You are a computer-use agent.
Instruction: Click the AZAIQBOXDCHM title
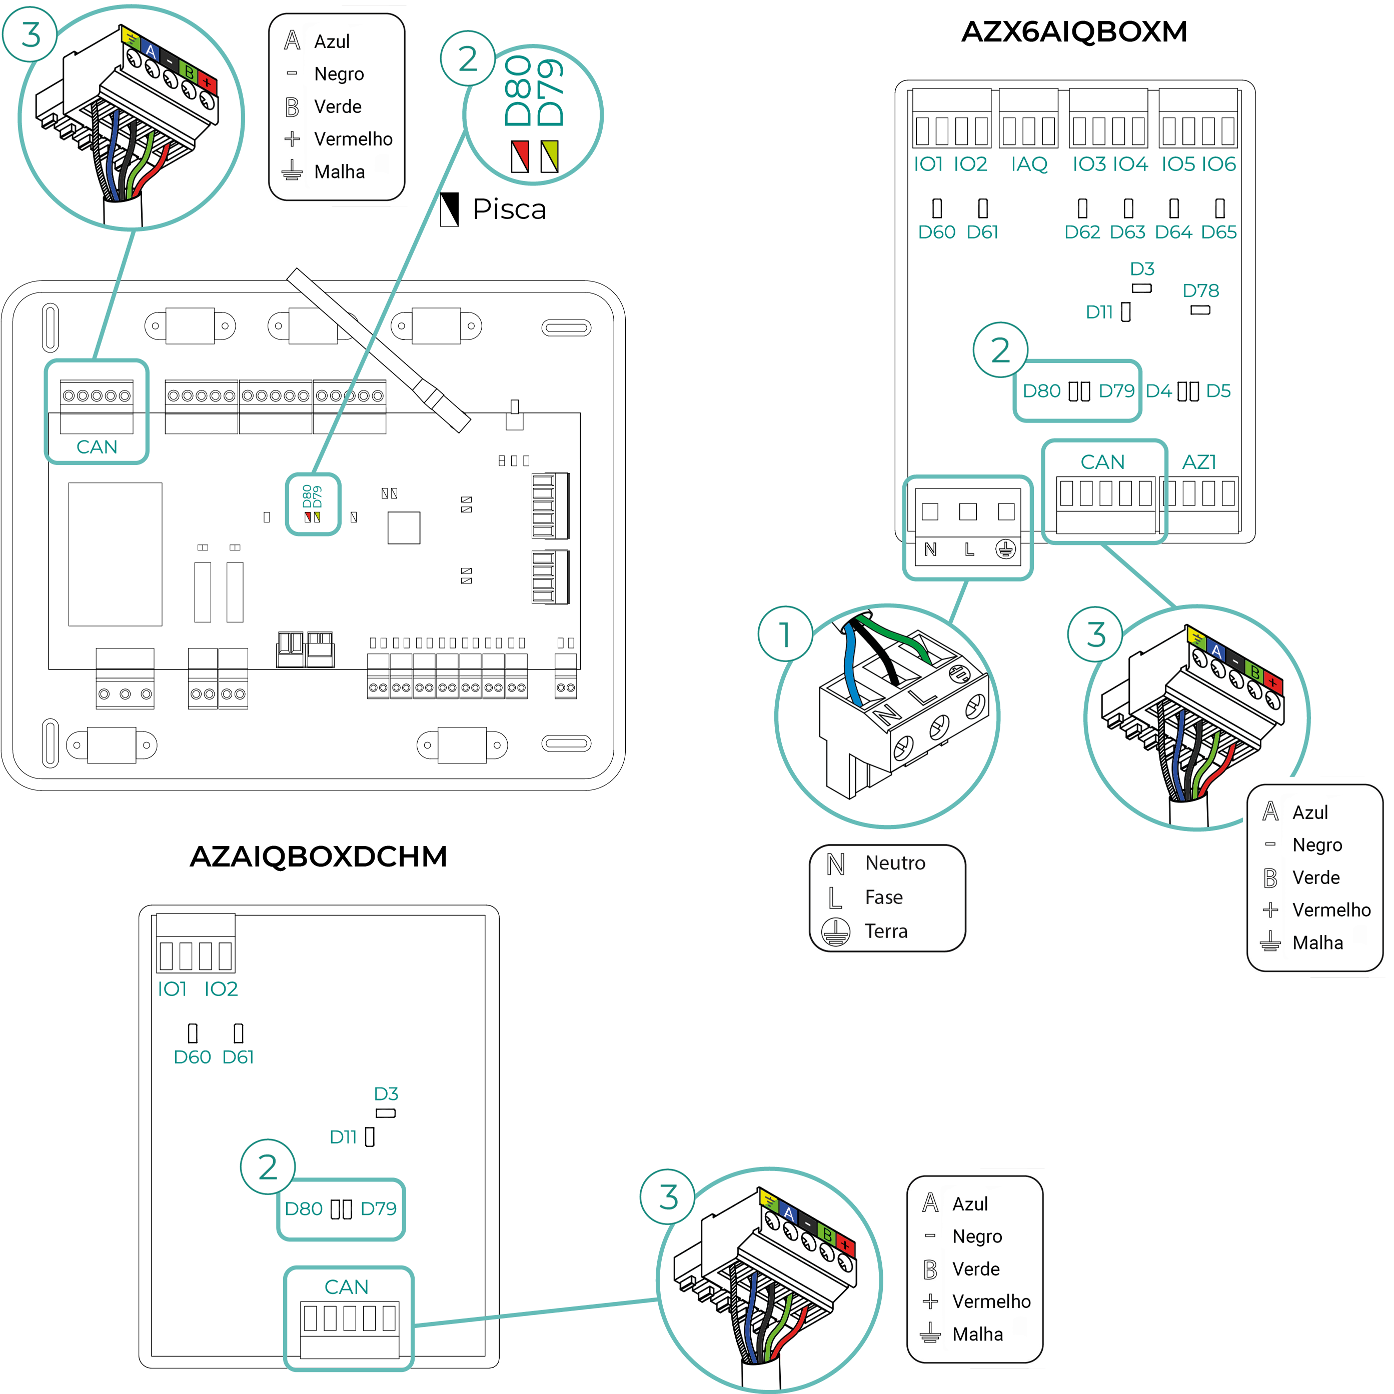coord(318,856)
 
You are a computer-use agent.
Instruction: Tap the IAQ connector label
coord(1029,164)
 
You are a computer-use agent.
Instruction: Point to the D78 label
coord(1200,291)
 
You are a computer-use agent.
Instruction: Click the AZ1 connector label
coord(1199,462)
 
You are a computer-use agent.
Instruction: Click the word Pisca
coord(509,209)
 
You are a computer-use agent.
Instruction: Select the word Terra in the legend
coord(886,931)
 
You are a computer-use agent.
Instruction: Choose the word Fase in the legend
coord(884,897)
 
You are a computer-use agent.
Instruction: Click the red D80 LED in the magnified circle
coord(520,156)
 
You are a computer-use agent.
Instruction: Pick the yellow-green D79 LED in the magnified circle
coord(549,156)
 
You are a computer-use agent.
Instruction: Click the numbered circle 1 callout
coord(785,634)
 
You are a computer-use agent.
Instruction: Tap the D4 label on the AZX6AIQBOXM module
coord(1158,391)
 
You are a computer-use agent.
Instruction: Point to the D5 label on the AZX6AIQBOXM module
coord(1218,391)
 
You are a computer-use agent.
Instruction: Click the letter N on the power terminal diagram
coord(930,550)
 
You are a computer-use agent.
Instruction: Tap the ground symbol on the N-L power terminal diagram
coord(1006,550)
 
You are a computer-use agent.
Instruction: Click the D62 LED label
coord(1082,232)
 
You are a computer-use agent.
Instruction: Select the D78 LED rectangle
coord(1200,310)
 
